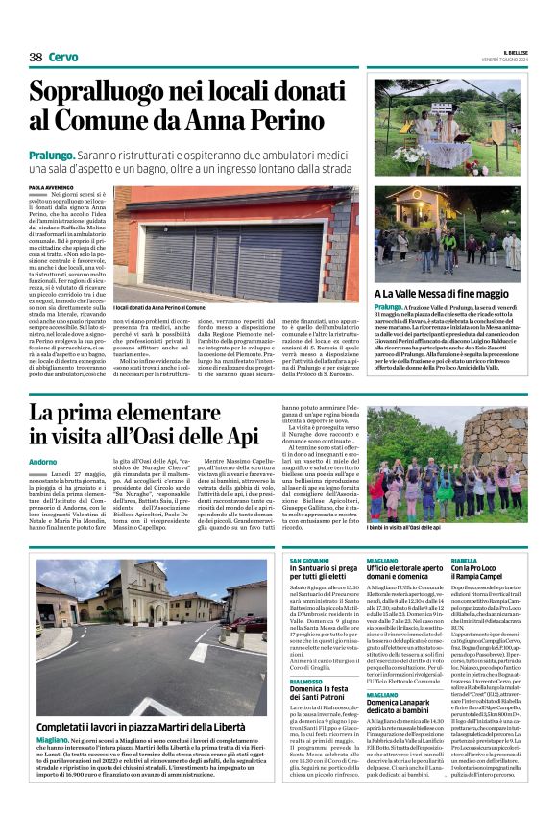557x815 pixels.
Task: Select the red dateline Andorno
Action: point(43,462)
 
